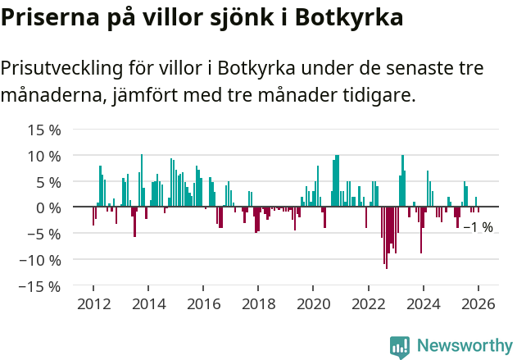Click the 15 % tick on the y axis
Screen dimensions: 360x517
pos(45,130)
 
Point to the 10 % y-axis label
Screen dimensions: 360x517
pos(45,156)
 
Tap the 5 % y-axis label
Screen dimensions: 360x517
pos(49,182)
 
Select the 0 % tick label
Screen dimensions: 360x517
pos(49,207)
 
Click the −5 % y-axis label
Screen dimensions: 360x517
pos(45,234)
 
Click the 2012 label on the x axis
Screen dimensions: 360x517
pos(93,304)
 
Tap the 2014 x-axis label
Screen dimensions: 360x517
pos(148,304)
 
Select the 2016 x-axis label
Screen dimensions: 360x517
pos(203,304)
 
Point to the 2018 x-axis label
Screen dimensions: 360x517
pos(258,304)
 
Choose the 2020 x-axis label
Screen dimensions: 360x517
pos(313,304)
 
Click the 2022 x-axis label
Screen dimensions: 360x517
pos(368,304)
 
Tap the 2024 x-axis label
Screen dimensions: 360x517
pos(423,304)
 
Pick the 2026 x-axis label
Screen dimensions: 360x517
pos(478,304)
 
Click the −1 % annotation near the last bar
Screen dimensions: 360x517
pos(478,227)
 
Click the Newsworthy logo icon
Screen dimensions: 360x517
pos(400,346)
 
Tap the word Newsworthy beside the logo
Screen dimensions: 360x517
pos(464,346)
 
